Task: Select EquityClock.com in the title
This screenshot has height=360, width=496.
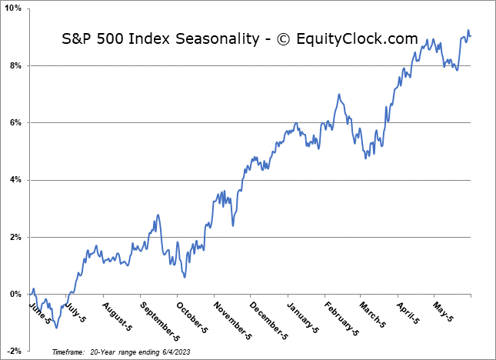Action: (361, 39)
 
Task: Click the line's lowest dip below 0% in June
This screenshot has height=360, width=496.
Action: (55, 328)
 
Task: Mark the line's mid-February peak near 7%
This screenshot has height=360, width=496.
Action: (338, 95)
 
